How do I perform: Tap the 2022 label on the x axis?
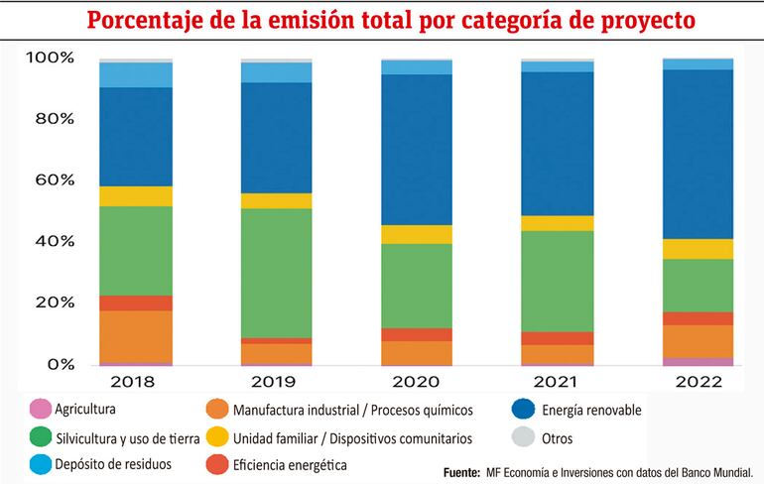tap(698, 380)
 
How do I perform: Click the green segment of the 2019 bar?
tap(277, 273)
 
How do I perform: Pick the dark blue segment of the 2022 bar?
tap(698, 154)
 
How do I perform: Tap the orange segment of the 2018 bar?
tap(136, 336)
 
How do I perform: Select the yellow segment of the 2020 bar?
tap(417, 234)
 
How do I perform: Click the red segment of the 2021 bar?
tap(558, 338)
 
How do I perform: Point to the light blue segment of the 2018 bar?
tap(136, 74)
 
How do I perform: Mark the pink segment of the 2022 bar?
tap(698, 361)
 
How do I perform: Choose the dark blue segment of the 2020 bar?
tap(417, 149)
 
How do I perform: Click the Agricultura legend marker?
tap(40, 408)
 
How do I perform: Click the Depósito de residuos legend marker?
tap(40, 463)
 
